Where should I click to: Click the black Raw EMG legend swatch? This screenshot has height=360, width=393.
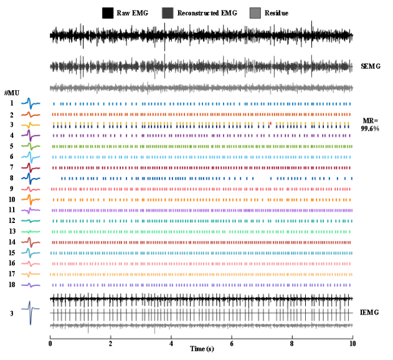pos(108,12)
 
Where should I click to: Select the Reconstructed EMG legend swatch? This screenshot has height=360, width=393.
pos(168,12)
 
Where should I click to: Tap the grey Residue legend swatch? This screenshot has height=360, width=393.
pos(255,12)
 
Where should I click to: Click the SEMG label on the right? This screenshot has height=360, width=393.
pos(371,65)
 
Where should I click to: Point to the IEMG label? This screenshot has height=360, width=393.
pos(371,311)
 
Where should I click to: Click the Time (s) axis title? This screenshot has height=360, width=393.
pos(201,349)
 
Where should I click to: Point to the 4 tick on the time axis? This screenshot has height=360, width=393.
pos(171,343)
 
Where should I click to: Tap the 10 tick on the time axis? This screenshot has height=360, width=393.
pos(353,343)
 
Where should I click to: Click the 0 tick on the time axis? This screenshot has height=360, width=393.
pos(50,343)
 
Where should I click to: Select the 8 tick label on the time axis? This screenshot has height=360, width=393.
pos(292,343)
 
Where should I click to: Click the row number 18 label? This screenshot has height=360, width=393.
pos(11,285)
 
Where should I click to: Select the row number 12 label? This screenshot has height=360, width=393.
pos(11,221)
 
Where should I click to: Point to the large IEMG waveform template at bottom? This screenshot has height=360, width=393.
pos(31,312)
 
